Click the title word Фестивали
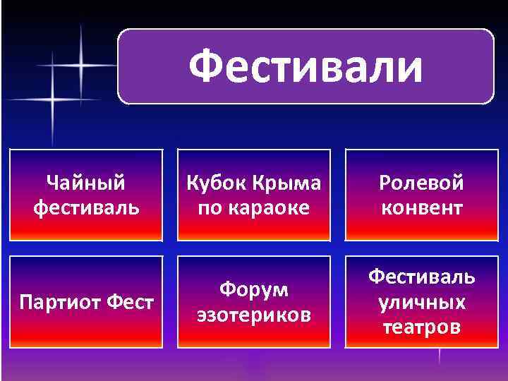point(306,67)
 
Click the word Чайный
point(86,183)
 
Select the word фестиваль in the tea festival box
point(86,208)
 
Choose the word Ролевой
point(421,183)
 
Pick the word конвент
point(421,208)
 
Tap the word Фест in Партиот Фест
point(132,303)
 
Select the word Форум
point(253,290)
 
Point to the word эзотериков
point(253,315)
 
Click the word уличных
point(421,303)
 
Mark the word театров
point(421,327)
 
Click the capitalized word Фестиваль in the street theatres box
point(421,276)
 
